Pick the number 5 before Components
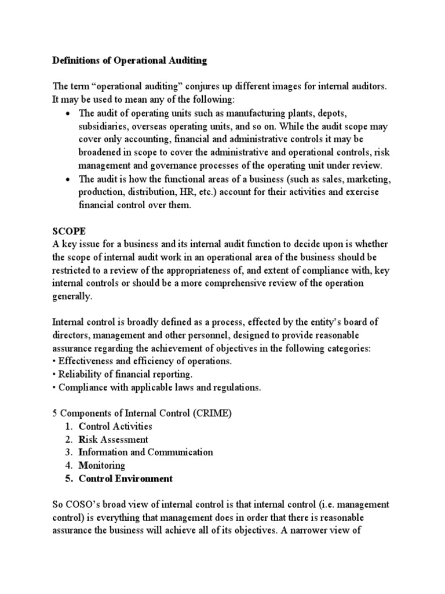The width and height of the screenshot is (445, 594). [55, 412]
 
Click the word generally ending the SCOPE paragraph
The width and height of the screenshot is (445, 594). [72, 296]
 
